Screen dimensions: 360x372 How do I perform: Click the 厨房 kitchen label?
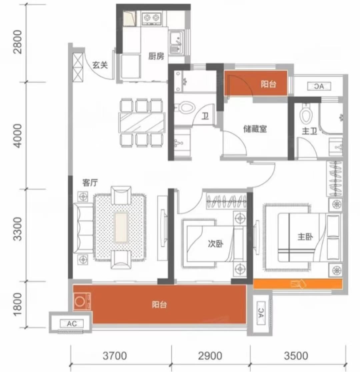[x=156, y=56]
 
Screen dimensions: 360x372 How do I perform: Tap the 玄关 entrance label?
[x=100, y=65]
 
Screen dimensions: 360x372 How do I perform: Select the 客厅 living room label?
[x=90, y=183]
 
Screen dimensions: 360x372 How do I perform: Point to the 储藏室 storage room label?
[x=255, y=129]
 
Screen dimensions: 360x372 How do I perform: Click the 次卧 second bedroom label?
[x=216, y=244]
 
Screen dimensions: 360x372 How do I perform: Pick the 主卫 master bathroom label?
[x=309, y=131]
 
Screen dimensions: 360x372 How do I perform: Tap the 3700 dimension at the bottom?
[x=115, y=356]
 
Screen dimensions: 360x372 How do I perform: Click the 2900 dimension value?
[x=210, y=356]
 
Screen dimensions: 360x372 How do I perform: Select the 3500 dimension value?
[x=296, y=356]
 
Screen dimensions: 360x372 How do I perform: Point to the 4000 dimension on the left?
[x=18, y=136]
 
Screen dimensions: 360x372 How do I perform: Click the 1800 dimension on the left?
[x=18, y=304]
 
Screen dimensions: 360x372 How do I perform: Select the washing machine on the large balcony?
[x=82, y=301]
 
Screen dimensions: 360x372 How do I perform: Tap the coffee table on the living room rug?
[x=121, y=227]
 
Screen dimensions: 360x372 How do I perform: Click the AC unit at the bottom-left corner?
[x=72, y=324]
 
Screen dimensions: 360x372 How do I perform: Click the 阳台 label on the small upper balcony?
[x=269, y=84]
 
